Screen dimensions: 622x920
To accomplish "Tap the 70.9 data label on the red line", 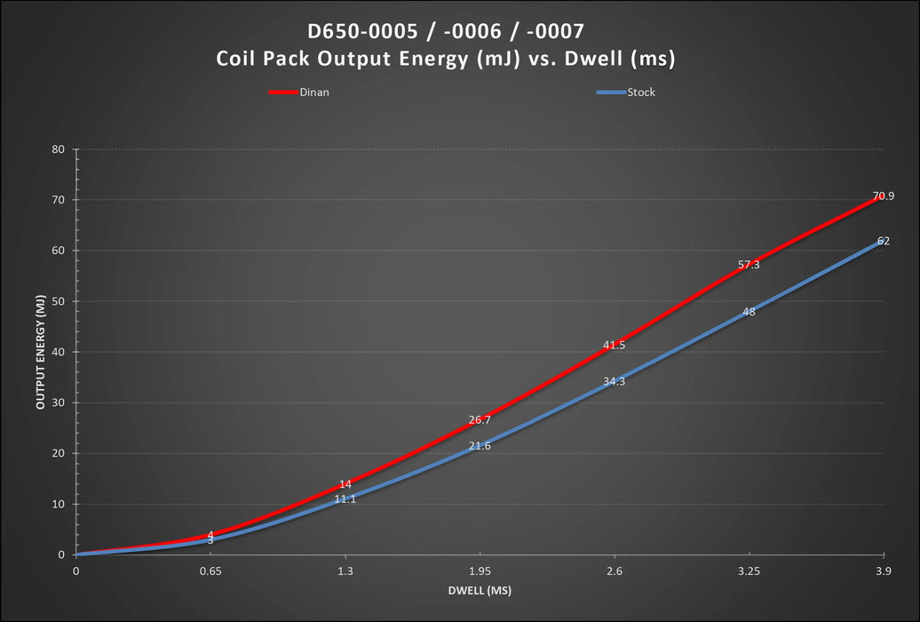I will tap(883, 196).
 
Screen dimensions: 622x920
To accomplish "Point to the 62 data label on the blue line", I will tap(883, 241).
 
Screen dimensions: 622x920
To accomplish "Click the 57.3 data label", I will tap(749, 265).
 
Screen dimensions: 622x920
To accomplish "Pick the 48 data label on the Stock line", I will tap(749, 312).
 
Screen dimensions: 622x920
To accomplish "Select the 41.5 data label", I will tap(615, 345).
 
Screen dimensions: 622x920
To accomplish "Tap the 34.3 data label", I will tap(615, 381).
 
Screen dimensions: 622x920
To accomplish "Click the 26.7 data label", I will tap(480, 420).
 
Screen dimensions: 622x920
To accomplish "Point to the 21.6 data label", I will tap(480, 446).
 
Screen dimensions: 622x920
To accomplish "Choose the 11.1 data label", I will tap(345, 499).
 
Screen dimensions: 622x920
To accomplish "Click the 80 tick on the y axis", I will tap(59, 149).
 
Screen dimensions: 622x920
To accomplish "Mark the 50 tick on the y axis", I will tap(59, 301).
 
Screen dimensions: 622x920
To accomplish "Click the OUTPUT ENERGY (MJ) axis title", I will tap(41, 351).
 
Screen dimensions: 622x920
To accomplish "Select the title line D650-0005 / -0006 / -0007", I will tap(446, 32).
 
